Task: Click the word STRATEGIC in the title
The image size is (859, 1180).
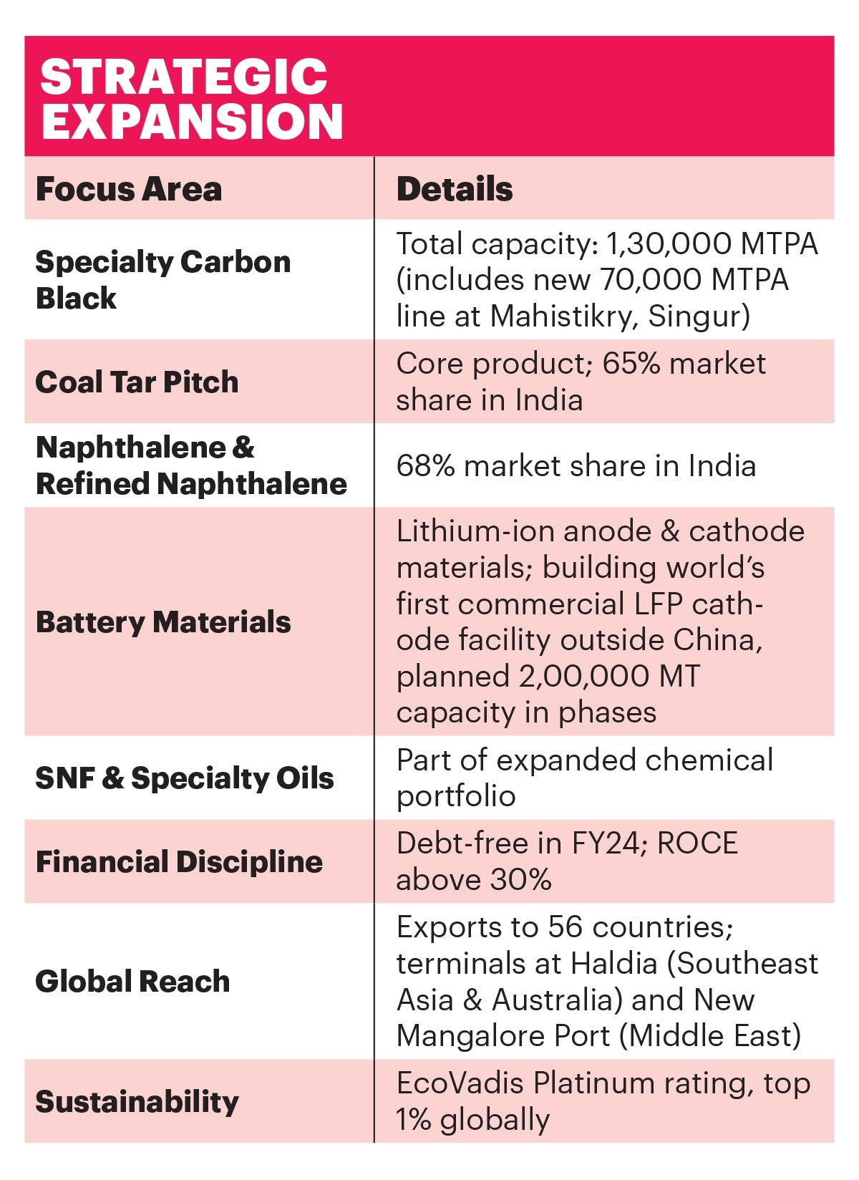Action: [183, 77]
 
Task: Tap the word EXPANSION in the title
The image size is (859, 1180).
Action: [192, 121]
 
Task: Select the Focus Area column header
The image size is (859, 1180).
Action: [129, 189]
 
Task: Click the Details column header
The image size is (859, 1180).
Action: [455, 189]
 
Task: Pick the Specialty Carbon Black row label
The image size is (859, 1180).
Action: [163, 280]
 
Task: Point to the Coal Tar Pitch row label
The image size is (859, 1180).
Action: [137, 382]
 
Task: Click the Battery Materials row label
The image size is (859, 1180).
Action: [163, 622]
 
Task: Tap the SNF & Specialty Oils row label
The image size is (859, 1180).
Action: [185, 778]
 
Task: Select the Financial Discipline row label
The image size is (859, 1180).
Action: [179, 861]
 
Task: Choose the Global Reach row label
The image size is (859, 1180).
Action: [132, 981]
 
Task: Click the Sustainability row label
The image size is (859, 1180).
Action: [137, 1101]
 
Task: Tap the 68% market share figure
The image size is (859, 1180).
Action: [425, 466]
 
